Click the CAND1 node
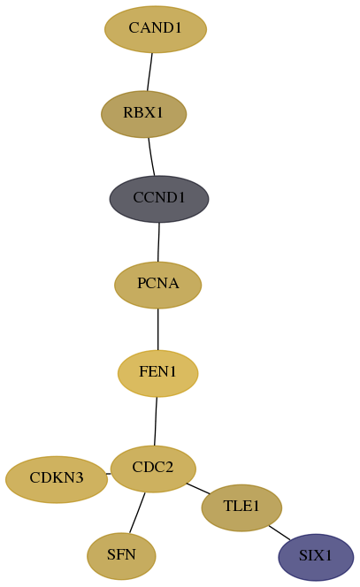(x=156, y=29)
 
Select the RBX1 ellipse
(x=144, y=114)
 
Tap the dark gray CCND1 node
(x=159, y=199)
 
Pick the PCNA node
(x=157, y=285)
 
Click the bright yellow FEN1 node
(x=157, y=373)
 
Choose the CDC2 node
(x=153, y=469)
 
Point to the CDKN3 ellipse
(x=57, y=479)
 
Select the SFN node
(x=121, y=556)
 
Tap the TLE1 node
(x=241, y=507)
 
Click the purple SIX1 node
(x=316, y=557)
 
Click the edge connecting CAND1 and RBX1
(x=149, y=72)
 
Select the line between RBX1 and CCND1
(x=151, y=156)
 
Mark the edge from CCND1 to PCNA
(x=158, y=242)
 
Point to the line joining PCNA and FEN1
(x=157, y=330)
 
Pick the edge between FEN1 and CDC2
(x=156, y=421)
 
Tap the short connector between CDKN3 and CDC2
(x=108, y=474)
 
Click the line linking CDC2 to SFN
(x=137, y=513)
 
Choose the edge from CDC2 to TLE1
(x=198, y=489)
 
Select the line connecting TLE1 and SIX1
(x=280, y=533)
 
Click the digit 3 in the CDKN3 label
(x=79, y=478)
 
